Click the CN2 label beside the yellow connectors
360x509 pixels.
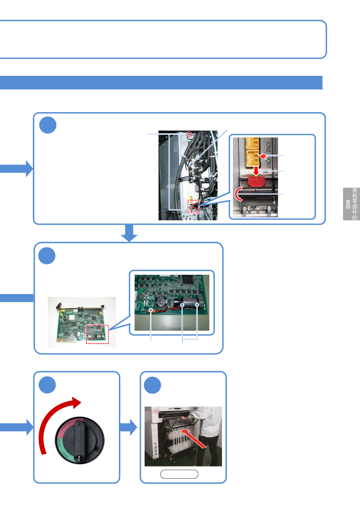tap(268, 147)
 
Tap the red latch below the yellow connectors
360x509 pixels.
tap(257, 181)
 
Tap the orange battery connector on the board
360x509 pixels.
tap(150, 310)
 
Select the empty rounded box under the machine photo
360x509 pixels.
tap(179, 474)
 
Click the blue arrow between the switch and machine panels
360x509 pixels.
tap(128, 427)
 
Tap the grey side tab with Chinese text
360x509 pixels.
tap(351, 204)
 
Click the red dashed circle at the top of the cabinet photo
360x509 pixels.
tap(189, 134)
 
